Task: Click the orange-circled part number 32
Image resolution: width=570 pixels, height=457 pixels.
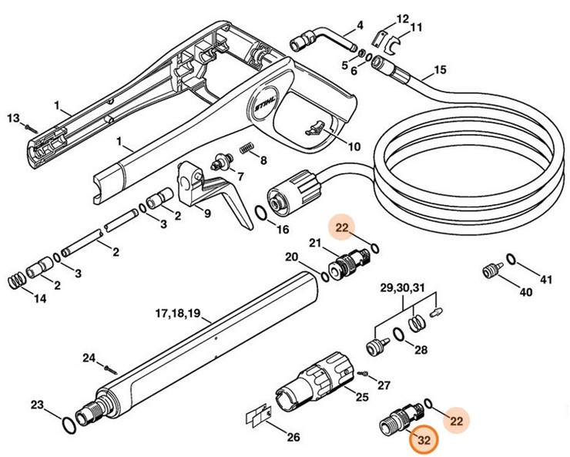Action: [x=422, y=441]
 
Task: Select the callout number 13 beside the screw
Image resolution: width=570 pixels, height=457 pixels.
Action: [x=12, y=118]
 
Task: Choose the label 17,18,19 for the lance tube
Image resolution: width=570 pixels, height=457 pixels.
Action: [x=177, y=313]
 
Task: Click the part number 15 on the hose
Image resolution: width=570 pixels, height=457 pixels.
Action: [x=439, y=71]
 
